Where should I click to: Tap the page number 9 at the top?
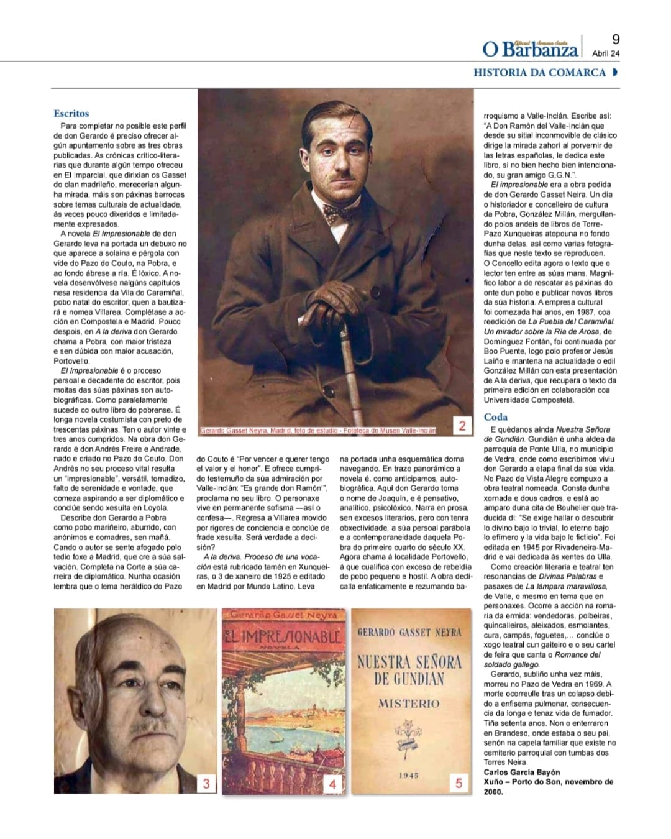615,39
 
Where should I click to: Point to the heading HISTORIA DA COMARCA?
539,73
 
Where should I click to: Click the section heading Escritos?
71,114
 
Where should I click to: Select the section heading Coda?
496,417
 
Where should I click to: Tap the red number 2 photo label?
462,426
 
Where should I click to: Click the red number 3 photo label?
207,784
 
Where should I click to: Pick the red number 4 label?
332,784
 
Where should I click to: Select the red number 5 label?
459,783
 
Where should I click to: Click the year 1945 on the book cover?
409,775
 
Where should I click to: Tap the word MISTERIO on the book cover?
409,704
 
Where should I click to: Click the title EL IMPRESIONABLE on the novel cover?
282,636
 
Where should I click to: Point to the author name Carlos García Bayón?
522,773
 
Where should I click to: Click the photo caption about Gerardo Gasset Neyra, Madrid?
317,430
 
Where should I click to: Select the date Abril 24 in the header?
606,53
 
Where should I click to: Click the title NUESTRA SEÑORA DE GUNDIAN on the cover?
409,669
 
